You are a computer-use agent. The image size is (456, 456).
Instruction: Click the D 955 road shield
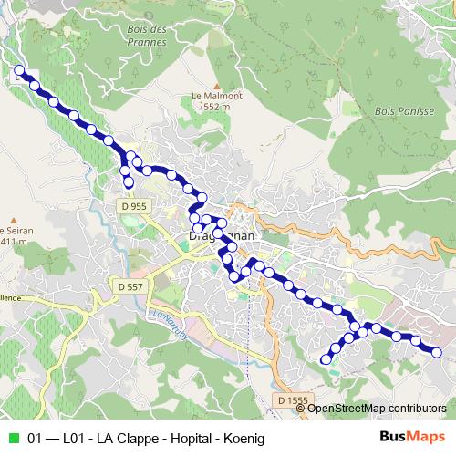(133, 207)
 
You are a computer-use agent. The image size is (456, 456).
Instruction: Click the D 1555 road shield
(293, 399)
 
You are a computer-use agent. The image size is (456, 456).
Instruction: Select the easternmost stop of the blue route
(436, 352)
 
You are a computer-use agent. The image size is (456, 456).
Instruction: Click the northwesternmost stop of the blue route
(19, 69)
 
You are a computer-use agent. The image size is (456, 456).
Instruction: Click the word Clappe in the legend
(118, 439)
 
